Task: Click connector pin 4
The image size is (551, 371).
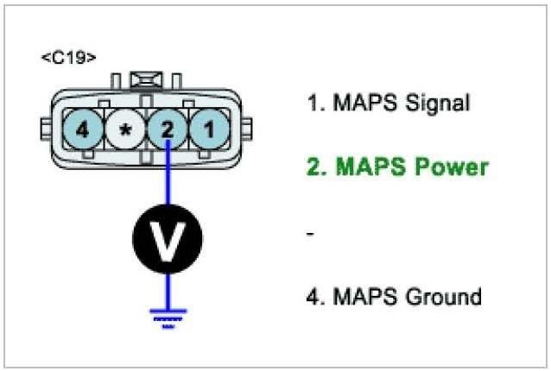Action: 82,130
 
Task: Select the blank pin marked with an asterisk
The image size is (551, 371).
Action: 126,130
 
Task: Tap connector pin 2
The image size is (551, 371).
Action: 167,130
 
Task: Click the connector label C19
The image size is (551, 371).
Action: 68,58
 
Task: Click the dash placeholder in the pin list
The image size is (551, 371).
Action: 311,234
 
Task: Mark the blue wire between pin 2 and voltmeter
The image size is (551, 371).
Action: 167,177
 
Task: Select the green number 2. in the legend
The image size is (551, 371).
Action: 316,167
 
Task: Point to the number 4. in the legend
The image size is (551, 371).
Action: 315,297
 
